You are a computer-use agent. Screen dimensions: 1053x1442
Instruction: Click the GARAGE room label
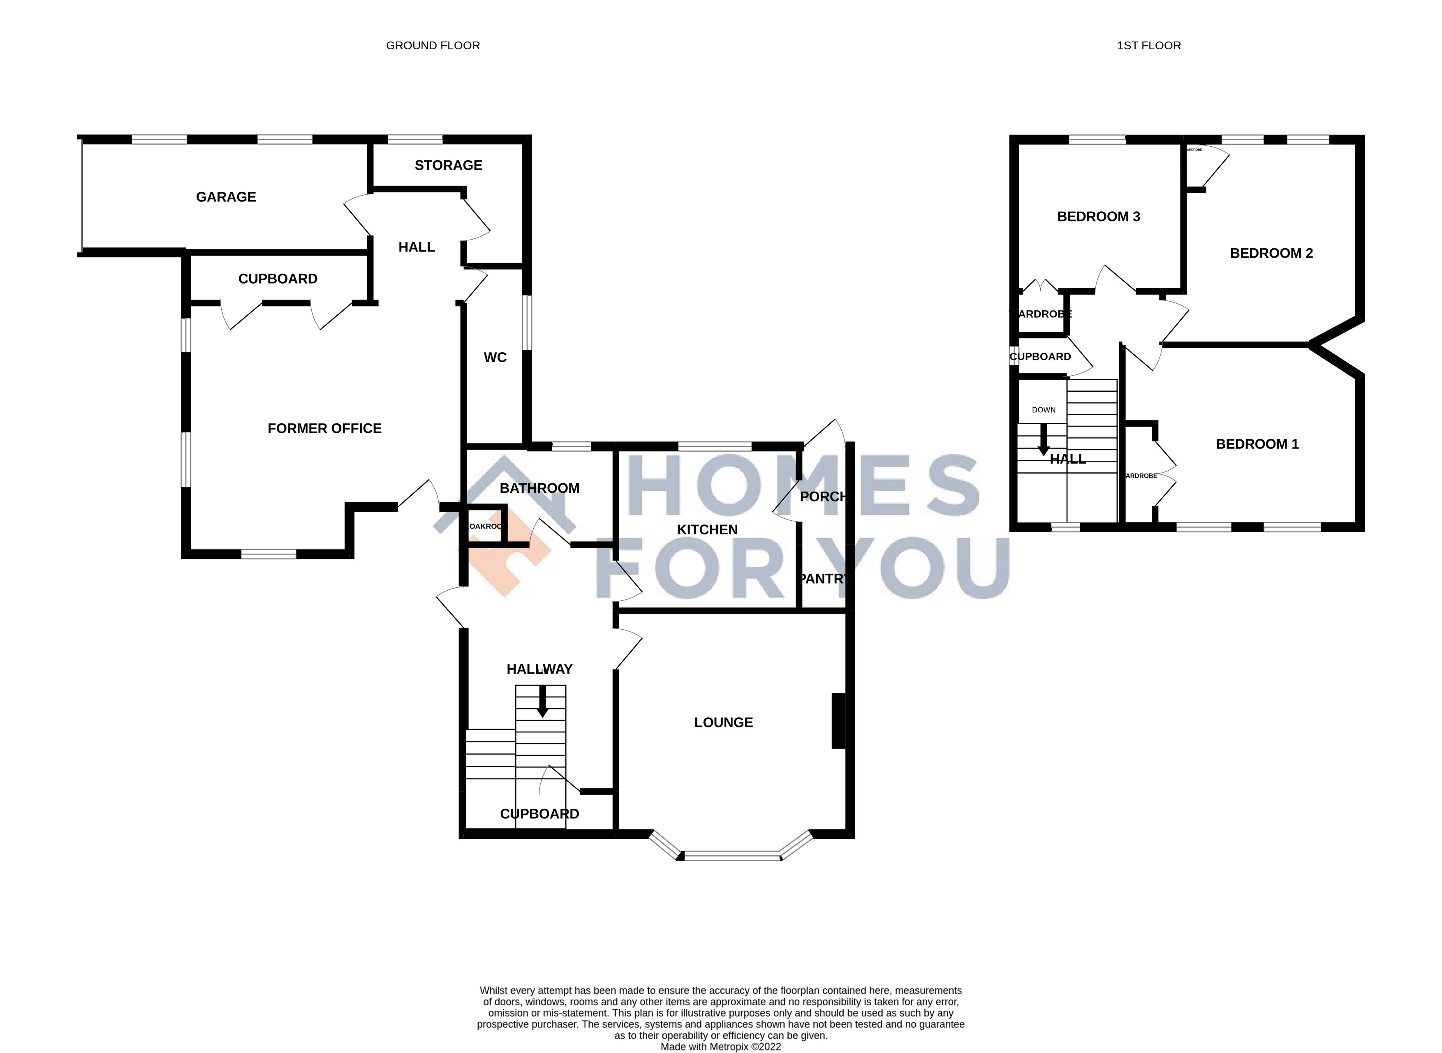point(226,197)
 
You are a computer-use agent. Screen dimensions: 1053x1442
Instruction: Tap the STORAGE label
point(448,165)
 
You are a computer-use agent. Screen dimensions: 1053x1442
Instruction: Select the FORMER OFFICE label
point(324,428)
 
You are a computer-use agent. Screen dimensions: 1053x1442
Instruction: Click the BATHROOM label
point(539,488)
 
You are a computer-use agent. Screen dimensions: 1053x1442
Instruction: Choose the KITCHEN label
point(707,530)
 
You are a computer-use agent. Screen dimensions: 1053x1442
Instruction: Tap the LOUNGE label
point(724,722)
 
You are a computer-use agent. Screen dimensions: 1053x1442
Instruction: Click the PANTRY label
point(822,579)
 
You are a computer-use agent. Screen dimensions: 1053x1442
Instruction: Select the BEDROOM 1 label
point(1257,444)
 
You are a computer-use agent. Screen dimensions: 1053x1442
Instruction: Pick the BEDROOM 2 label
point(1271,253)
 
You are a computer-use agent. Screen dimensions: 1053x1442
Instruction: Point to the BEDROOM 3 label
point(1098,217)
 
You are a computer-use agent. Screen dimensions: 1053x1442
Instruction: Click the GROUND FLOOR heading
point(433,45)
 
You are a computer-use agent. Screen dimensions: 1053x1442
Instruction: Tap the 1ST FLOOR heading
point(1149,45)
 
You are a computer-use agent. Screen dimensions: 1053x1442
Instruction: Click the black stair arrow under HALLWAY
point(542,701)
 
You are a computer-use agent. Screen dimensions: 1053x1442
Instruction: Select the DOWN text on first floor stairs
point(1044,410)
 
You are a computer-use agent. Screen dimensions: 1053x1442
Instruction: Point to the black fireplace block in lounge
point(838,720)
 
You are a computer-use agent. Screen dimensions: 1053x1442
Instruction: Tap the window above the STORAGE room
point(414,139)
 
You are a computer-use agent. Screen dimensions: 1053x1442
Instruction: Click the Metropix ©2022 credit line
point(720,1046)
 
